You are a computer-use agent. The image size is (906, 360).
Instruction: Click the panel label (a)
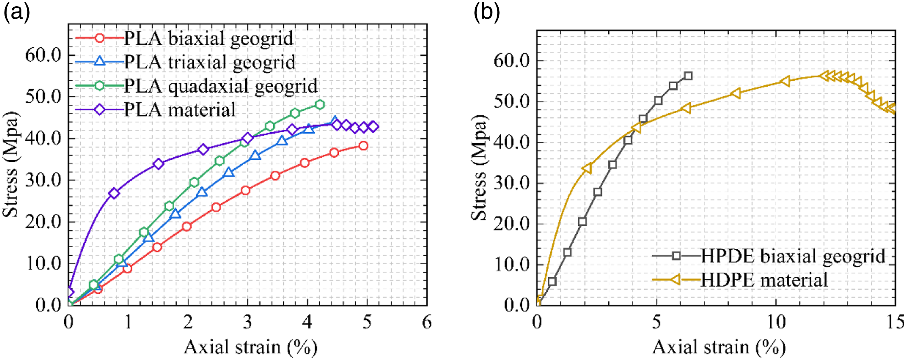point(16,13)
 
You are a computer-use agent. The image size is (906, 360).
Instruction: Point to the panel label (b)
point(486,13)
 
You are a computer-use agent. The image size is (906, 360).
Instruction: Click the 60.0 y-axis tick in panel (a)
point(43,55)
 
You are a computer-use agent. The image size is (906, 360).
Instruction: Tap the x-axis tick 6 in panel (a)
point(427,322)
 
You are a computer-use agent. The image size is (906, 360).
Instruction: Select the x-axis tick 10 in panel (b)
point(776,322)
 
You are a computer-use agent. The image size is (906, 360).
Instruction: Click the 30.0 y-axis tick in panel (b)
point(512,183)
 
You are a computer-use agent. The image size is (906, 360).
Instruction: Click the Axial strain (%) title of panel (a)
point(251,347)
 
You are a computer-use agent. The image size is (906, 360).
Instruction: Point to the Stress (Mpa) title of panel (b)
point(479,168)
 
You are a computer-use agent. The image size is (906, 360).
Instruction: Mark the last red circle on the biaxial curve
point(363,146)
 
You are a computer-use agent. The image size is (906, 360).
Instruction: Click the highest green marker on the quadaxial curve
point(320,104)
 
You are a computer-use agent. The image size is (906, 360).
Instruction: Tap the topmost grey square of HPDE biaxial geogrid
point(688,76)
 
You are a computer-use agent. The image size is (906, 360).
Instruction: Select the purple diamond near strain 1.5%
point(158,164)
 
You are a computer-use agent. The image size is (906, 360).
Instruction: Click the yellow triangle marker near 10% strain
point(785,81)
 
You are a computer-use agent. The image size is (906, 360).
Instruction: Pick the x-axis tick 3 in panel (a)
point(248,322)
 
